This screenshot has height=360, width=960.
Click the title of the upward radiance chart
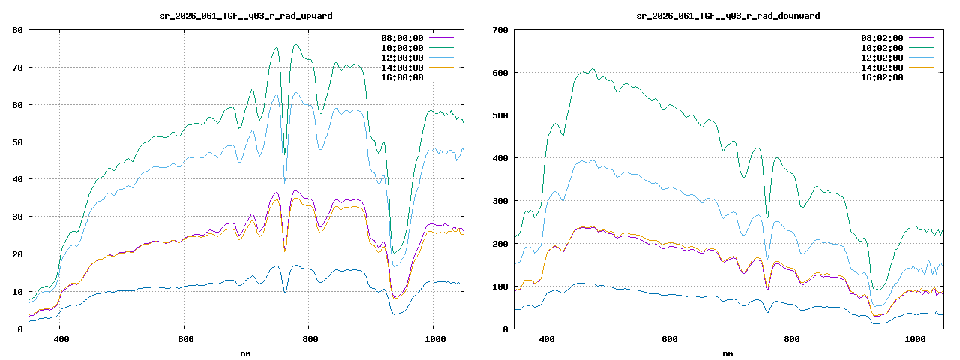247,15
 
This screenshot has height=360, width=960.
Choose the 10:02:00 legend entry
882,48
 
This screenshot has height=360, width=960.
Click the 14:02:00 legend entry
882,67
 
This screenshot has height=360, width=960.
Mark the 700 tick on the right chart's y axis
499,30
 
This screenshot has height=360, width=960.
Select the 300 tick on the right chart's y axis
499,201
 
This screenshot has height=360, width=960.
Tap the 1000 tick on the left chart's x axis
433,339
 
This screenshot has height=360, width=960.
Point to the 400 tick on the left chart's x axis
61,339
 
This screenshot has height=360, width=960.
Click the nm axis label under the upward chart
247,352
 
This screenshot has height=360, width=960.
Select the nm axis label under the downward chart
727,352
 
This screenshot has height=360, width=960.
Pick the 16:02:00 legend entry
882,77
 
